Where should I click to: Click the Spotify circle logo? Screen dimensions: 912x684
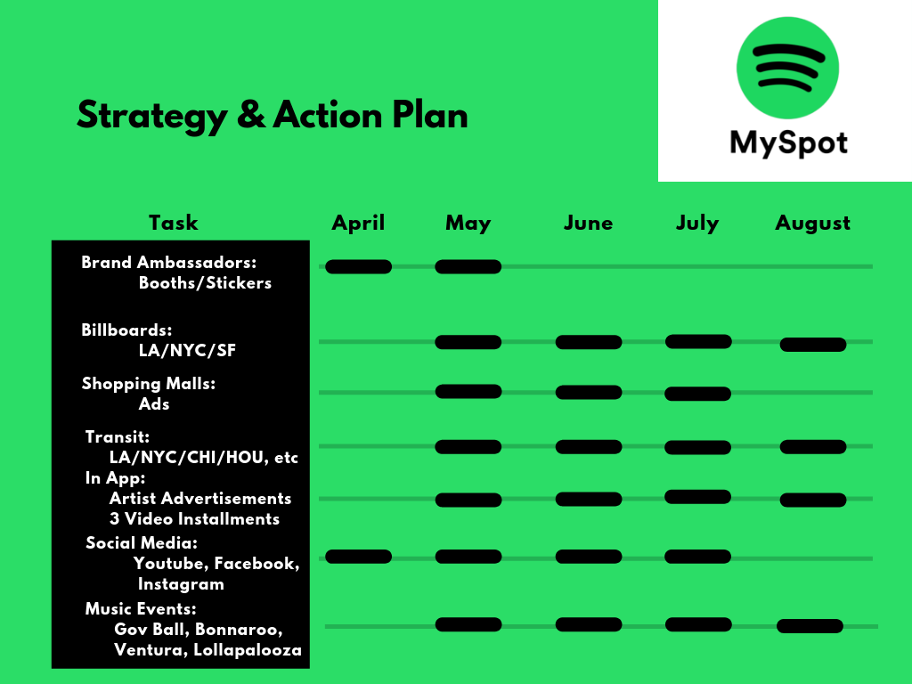[x=787, y=68]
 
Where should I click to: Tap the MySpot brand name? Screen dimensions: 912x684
[x=789, y=143]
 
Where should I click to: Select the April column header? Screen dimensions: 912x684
[x=358, y=223]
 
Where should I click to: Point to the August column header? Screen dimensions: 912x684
[x=812, y=224]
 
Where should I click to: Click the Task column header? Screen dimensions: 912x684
[x=174, y=223]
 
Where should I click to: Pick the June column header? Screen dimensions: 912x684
[x=588, y=224]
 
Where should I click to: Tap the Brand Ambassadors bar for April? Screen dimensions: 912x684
[x=358, y=266]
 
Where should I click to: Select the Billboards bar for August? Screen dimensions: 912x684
[x=812, y=345]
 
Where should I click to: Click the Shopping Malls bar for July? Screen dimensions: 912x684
[x=697, y=394]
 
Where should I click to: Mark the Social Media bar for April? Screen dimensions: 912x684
[x=358, y=557]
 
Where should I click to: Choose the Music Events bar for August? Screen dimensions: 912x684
[x=810, y=626]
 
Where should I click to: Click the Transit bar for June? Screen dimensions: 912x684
[x=589, y=447]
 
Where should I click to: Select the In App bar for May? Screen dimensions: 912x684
[x=468, y=500]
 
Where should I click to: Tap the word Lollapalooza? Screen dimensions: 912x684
[x=248, y=650]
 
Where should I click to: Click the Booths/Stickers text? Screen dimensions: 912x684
[x=205, y=283]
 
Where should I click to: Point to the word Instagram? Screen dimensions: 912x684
[x=181, y=584]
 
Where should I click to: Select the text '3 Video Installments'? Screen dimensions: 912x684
[x=194, y=519]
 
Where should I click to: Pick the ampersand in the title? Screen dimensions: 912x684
[x=251, y=115]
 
